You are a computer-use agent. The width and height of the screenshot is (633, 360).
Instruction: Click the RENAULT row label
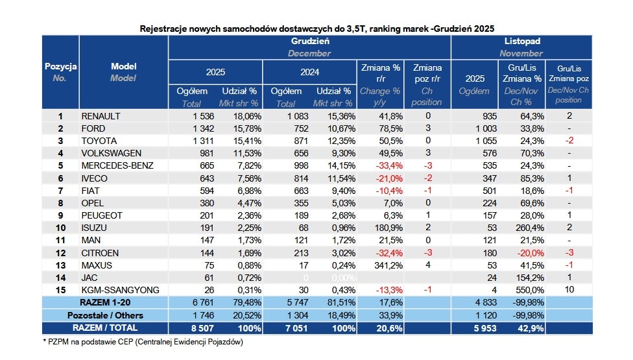(x=101, y=116)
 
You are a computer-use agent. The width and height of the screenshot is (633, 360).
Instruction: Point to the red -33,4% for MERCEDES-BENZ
(x=387, y=165)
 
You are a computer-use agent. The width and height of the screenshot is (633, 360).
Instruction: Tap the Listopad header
(x=522, y=41)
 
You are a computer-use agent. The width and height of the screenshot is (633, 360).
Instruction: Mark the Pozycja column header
(x=60, y=66)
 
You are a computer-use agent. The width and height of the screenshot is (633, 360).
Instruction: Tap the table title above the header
(x=317, y=29)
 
